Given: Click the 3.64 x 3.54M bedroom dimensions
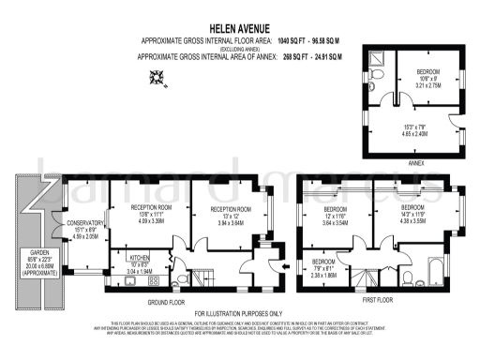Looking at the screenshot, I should click(x=337, y=223).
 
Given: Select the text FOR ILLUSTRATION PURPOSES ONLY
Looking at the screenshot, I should click(x=237, y=312).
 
